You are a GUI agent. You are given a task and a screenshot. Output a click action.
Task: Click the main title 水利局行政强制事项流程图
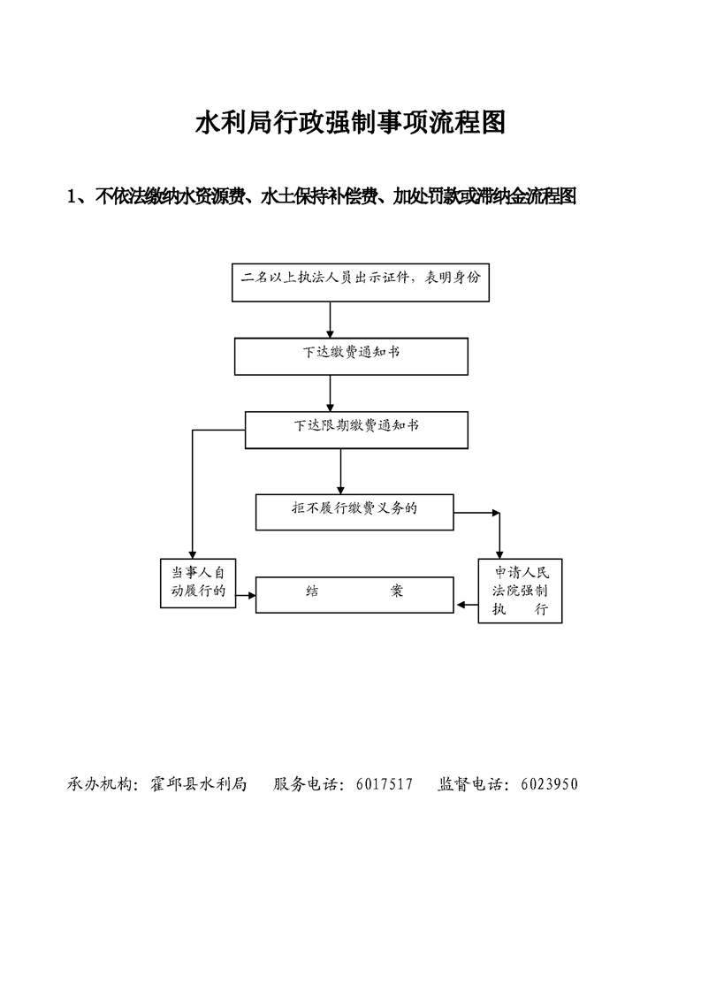point(350,123)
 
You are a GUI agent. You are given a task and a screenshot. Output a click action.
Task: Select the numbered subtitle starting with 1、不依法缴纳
point(322,196)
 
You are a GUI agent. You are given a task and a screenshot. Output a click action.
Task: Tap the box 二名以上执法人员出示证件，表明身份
point(360,281)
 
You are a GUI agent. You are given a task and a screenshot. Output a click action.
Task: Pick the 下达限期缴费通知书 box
point(356,429)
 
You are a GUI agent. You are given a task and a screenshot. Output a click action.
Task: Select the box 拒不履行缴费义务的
point(354,511)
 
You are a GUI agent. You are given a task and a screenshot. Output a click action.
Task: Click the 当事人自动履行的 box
point(197,583)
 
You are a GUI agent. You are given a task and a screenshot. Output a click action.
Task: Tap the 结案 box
point(354,594)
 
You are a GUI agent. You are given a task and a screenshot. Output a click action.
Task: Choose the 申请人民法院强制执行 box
point(520,591)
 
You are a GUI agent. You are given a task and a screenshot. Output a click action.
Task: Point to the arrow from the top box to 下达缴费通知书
point(331,319)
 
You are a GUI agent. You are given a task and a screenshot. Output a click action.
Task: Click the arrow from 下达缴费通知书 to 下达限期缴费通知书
point(331,393)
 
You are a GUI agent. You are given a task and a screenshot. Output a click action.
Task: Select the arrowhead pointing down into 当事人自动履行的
point(191,552)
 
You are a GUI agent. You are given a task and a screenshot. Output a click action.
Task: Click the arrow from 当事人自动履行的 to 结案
point(246,594)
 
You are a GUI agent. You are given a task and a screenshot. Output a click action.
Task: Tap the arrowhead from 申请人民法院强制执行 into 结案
point(461,606)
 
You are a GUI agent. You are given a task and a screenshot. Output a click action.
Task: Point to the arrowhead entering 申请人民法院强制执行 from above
point(499,552)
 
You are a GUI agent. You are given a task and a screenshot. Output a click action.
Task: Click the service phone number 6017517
point(385,783)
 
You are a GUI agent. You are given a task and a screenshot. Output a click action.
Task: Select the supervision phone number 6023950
point(549,783)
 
